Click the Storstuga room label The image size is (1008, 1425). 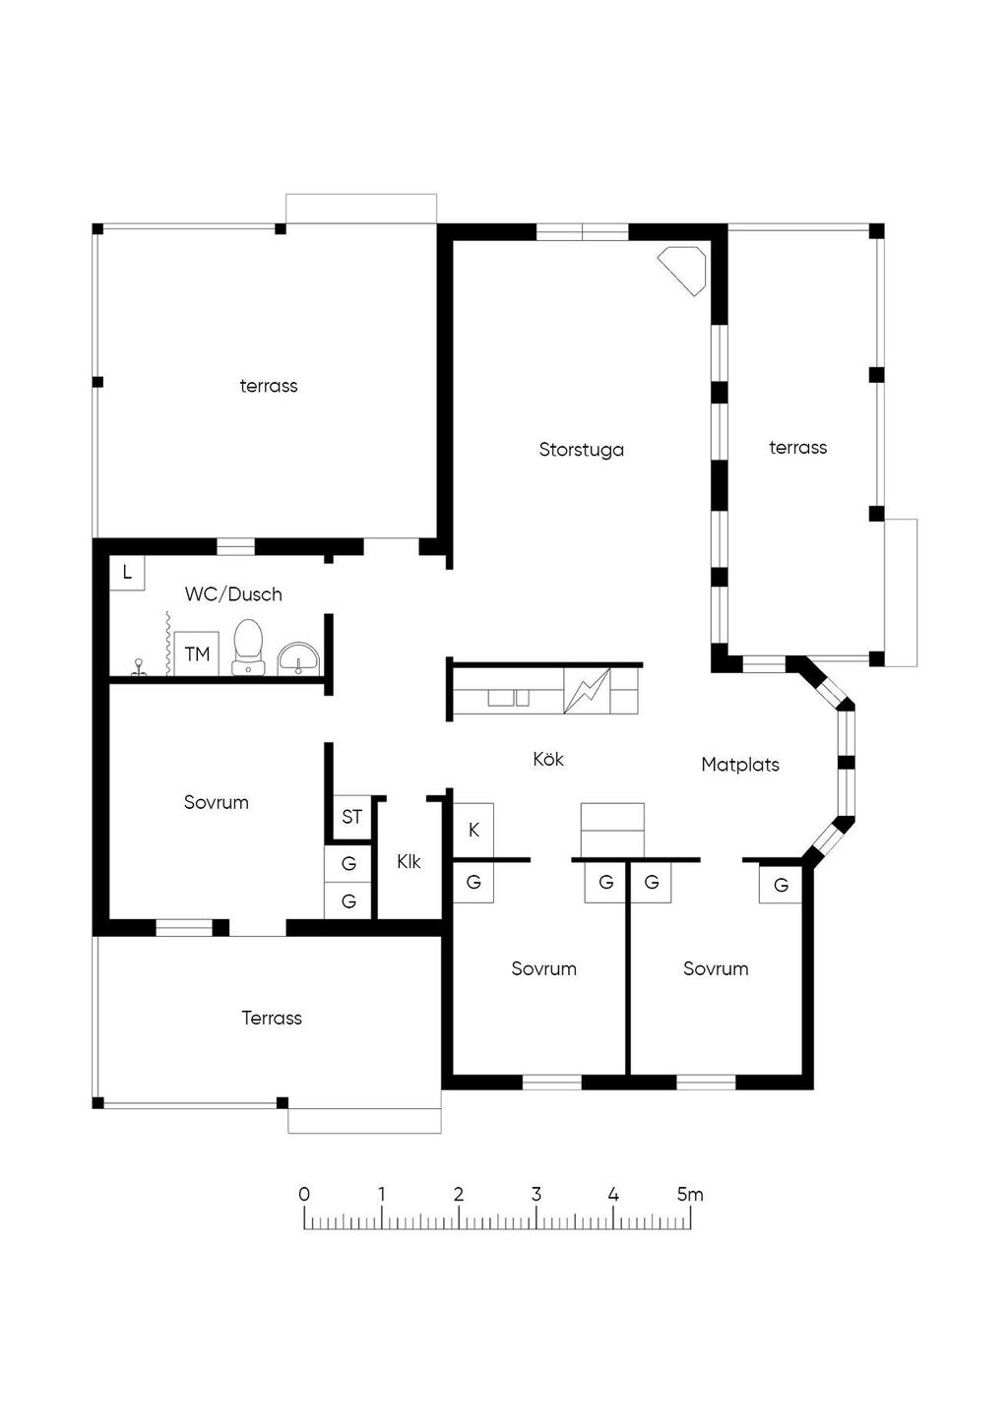581,450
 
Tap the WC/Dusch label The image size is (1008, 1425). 233,594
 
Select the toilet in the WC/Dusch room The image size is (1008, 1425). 248,647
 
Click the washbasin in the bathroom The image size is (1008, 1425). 298,658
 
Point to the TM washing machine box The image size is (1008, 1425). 197,653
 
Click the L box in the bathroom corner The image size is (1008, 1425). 127,573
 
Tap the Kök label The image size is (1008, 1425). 548,759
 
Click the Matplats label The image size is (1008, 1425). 740,764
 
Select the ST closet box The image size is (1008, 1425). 351,817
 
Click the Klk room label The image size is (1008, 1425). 409,861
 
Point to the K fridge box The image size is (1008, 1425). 472,831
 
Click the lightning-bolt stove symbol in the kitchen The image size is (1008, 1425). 587,690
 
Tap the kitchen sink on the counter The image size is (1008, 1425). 509,698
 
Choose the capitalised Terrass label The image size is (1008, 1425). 272,1018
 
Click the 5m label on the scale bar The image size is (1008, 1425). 690,1194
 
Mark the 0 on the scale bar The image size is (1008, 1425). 304,1194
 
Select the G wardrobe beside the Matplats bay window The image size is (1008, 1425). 781,885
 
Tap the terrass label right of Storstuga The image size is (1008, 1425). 798,448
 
